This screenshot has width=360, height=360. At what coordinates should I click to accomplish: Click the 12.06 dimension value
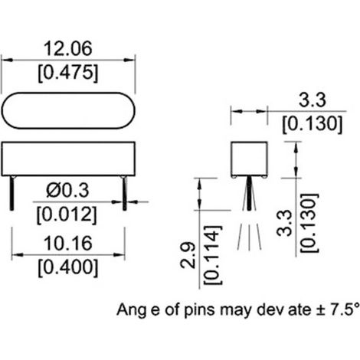click(68, 49)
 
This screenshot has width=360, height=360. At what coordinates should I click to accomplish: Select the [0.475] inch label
click(68, 74)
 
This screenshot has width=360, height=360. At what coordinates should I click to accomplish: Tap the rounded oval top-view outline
click(68, 93)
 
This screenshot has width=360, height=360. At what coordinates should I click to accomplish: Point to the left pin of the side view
click(11, 193)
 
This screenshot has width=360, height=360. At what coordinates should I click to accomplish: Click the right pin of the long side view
click(125, 193)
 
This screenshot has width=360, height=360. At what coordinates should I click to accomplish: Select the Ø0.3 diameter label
click(67, 191)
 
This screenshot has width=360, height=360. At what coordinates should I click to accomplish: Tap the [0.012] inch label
click(67, 215)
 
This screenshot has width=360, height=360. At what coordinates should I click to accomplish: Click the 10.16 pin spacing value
click(68, 244)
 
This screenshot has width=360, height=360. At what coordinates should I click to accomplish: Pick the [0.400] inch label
click(68, 268)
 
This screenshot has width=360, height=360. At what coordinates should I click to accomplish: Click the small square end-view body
click(249, 142)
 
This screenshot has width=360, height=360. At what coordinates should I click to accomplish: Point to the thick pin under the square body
click(249, 194)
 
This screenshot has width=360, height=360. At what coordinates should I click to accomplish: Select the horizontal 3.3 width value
click(313, 100)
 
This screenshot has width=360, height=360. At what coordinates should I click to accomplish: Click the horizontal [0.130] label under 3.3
click(312, 124)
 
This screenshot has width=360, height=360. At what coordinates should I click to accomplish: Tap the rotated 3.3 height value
click(284, 223)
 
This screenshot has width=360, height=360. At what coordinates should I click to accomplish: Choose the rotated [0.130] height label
click(309, 223)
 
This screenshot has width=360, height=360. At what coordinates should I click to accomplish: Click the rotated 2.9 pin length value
click(188, 255)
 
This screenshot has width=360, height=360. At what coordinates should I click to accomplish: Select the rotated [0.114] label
click(213, 255)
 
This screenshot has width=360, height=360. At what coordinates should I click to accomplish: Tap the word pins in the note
click(199, 310)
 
